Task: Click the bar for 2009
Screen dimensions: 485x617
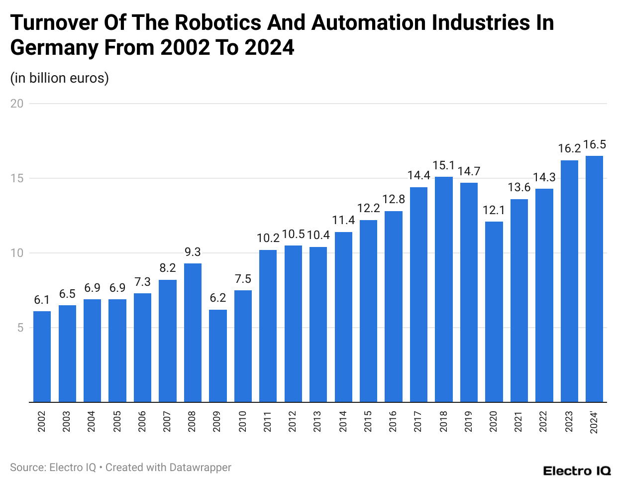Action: pyautogui.click(x=218, y=356)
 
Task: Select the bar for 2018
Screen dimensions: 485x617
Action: pyautogui.click(x=444, y=289)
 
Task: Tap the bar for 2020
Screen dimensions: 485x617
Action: pyautogui.click(x=494, y=311)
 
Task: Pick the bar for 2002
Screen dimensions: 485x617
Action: pyautogui.click(x=42, y=356)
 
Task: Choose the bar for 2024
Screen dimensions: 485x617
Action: pyautogui.click(x=594, y=279)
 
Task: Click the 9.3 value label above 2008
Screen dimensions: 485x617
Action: pyautogui.click(x=193, y=252)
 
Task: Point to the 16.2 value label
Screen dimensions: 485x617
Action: pyautogui.click(x=569, y=148)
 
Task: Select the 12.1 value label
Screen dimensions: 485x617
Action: pyautogui.click(x=494, y=210)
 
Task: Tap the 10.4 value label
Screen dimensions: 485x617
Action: pyautogui.click(x=318, y=235)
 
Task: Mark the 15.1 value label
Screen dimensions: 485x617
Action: pyautogui.click(x=444, y=165)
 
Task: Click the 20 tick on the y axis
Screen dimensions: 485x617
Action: pyautogui.click(x=17, y=104)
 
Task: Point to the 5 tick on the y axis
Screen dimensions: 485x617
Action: pyautogui.click(x=20, y=328)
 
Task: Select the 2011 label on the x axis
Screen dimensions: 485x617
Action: pyautogui.click(x=268, y=421)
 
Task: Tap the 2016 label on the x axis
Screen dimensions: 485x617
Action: pyautogui.click(x=393, y=421)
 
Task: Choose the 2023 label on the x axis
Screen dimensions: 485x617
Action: pyautogui.click(x=569, y=421)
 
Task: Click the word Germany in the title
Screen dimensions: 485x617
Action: pyautogui.click(x=54, y=48)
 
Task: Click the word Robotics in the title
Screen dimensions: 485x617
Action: pyautogui.click(x=218, y=23)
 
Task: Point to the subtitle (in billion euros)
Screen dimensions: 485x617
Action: pyautogui.click(x=59, y=78)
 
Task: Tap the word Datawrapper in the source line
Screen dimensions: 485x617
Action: pyautogui.click(x=200, y=468)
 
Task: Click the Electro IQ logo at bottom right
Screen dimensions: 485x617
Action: pyautogui.click(x=577, y=471)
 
